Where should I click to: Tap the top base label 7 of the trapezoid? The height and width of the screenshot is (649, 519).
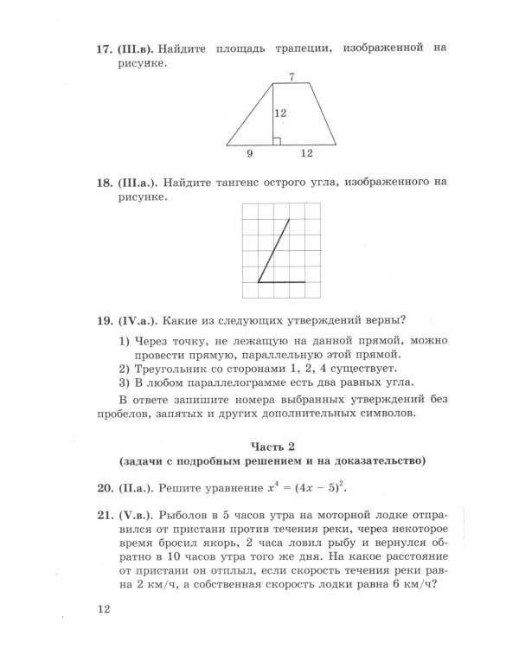(292, 77)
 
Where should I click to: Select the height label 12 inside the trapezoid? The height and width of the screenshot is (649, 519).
(280, 113)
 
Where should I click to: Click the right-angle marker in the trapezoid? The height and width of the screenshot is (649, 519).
(276, 140)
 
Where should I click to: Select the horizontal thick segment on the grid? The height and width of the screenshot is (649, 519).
(282, 282)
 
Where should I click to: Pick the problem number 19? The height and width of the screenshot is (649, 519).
(105, 318)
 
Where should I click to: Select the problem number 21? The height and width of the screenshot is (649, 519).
(105, 514)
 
